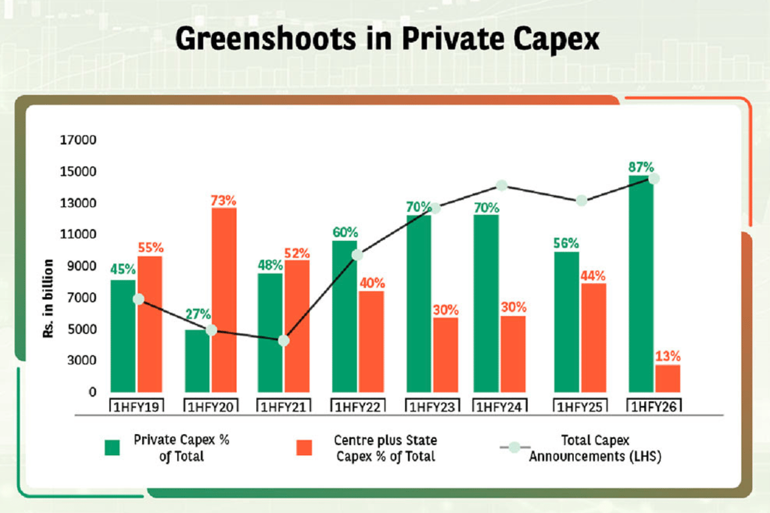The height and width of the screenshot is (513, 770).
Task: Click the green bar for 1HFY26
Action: tap(641, 283)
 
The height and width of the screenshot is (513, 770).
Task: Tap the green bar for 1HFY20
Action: tap(197, 361)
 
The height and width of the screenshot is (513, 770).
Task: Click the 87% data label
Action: tap(641, 167)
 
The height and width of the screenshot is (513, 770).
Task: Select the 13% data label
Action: tap(668, 356)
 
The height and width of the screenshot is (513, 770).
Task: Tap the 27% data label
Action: tap(198, 314)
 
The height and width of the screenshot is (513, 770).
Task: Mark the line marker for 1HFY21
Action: tap(284, 341)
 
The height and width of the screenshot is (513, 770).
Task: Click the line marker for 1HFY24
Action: tap(501, 185)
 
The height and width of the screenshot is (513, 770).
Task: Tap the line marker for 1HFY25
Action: tap(581, 201)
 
